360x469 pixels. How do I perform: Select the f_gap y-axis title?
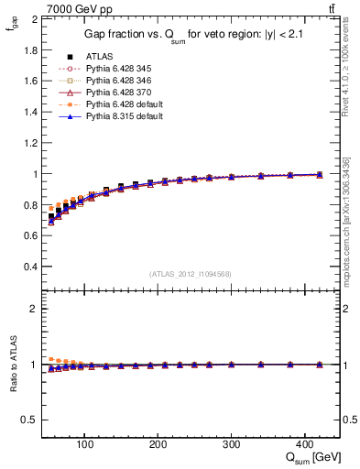12,27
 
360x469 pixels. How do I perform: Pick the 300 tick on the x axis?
231,444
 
